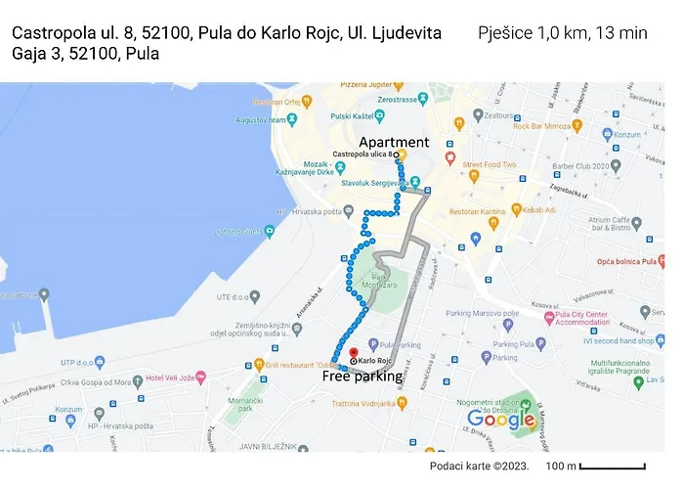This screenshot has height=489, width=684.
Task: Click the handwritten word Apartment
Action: pos(393,143)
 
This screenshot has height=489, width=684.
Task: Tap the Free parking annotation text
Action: pos(362,376)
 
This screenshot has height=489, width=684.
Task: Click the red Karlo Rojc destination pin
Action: pos(353,361)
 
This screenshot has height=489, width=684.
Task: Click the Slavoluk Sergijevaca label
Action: pos(371,183)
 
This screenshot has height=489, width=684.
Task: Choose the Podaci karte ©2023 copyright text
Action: pos(479,465)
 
